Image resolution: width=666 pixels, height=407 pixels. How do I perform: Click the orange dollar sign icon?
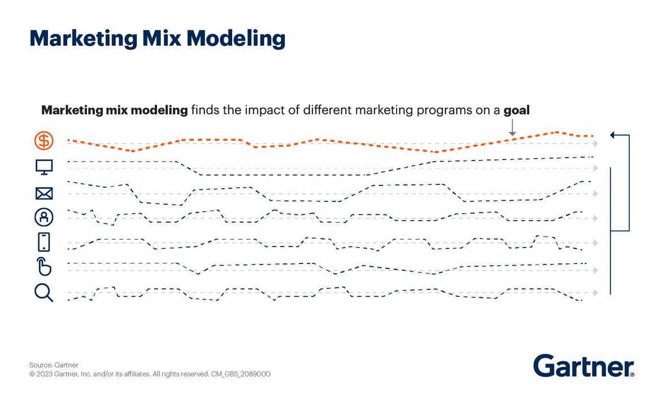43,140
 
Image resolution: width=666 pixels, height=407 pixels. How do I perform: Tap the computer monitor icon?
43,167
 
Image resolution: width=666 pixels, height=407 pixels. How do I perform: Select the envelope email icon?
43,194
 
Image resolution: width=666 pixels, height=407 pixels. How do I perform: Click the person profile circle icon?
43,217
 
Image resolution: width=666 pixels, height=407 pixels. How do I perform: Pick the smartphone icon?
43,242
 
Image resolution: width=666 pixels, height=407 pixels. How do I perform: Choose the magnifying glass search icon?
43,292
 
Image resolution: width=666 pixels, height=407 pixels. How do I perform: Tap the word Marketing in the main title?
77,38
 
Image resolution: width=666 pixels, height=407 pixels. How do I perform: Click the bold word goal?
516,110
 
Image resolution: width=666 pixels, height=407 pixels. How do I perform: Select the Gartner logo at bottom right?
584,366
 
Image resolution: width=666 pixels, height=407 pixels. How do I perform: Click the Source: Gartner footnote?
54,365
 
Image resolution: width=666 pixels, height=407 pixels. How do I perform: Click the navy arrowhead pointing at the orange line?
612,135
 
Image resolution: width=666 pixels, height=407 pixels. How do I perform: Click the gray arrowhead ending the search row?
595,292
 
